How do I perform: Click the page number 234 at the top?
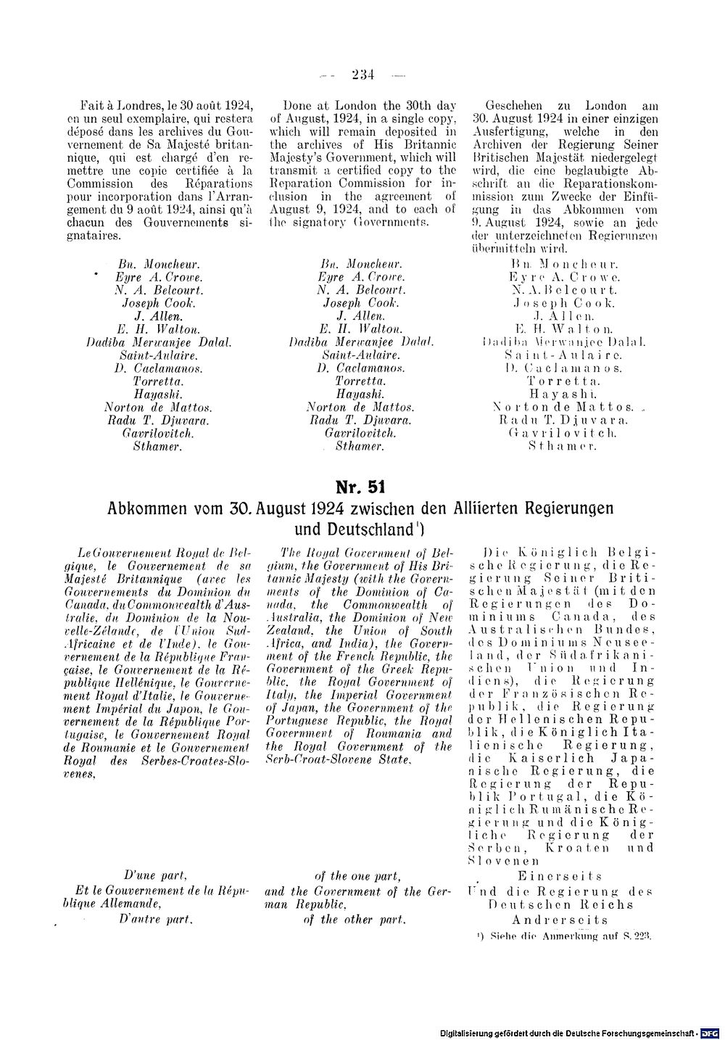pos(361,72)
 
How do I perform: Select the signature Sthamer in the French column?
pos(157,446)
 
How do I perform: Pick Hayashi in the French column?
pos(157,394)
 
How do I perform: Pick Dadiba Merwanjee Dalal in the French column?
pos(157,342)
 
